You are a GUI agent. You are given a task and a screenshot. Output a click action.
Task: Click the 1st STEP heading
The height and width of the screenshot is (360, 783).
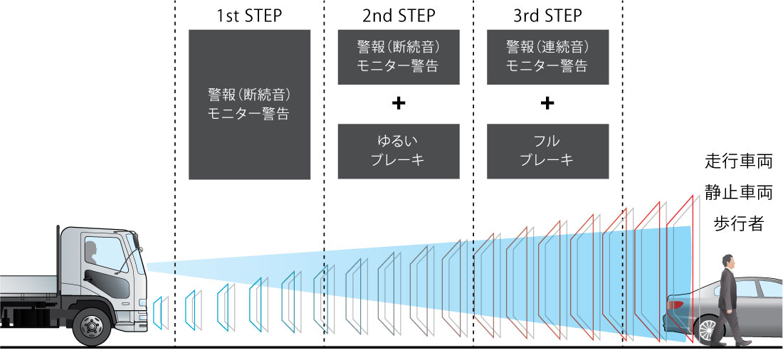(x=248, y=15)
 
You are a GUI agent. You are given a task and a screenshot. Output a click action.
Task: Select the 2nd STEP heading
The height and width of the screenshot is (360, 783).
(x=398, y=15)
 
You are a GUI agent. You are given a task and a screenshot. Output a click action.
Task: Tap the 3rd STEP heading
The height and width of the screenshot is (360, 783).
(x=547, y=15)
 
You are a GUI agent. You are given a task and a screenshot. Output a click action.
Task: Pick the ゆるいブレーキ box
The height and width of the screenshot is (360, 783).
(x=398, y=151)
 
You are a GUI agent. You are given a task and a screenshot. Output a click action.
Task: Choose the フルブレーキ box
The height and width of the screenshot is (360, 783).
(x=547, y=151)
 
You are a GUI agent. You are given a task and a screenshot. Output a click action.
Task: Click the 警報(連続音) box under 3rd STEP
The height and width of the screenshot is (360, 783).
(x=547, y=57)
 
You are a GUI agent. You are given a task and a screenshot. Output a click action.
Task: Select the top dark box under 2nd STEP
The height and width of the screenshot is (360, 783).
(x=398, y=57)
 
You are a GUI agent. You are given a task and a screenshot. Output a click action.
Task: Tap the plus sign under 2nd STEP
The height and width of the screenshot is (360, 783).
(x=398, y=104)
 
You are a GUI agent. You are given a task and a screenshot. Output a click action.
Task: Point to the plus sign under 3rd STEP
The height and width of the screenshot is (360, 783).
(x=547, y=104)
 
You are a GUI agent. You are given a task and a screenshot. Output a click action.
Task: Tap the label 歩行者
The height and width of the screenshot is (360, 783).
(x=738, y=224)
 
